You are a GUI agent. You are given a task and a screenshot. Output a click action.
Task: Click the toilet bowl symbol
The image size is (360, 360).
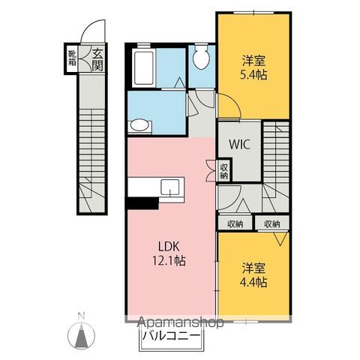point(201,58)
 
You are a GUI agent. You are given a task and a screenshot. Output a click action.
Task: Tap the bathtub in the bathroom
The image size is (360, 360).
point(143,68)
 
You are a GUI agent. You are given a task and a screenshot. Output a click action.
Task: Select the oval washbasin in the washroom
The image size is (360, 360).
point(139,125)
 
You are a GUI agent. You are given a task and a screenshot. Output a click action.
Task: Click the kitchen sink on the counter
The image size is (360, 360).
point(170,187)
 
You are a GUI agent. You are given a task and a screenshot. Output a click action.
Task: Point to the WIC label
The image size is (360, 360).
point(240,144)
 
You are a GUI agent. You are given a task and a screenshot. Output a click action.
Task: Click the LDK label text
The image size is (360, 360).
point(169,247)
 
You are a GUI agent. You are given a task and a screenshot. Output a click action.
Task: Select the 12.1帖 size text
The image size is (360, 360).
point(169,261)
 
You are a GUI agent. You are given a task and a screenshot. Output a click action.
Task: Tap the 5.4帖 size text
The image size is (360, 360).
point(253,75)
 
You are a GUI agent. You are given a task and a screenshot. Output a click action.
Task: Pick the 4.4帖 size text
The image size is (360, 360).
point(253,283)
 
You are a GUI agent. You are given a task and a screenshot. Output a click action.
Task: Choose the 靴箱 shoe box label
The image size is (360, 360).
point(73,58)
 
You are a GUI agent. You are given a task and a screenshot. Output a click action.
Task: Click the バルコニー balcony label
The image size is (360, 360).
point(171,335)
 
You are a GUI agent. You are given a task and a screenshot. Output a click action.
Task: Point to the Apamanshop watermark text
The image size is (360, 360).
point(181,322)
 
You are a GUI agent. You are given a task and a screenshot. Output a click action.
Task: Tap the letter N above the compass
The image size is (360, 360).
point(81,316)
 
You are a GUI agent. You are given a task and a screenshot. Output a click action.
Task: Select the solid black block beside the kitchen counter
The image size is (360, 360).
point(142,202)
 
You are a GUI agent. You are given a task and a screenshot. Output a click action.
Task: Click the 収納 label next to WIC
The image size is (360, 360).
point(224,171)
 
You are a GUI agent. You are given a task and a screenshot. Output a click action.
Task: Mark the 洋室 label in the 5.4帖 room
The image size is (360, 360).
point(253,60)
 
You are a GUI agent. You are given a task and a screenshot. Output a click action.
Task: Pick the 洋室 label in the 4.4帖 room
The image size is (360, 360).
point(253,268)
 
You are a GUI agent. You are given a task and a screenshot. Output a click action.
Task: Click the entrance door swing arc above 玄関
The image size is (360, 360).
point(88,26)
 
